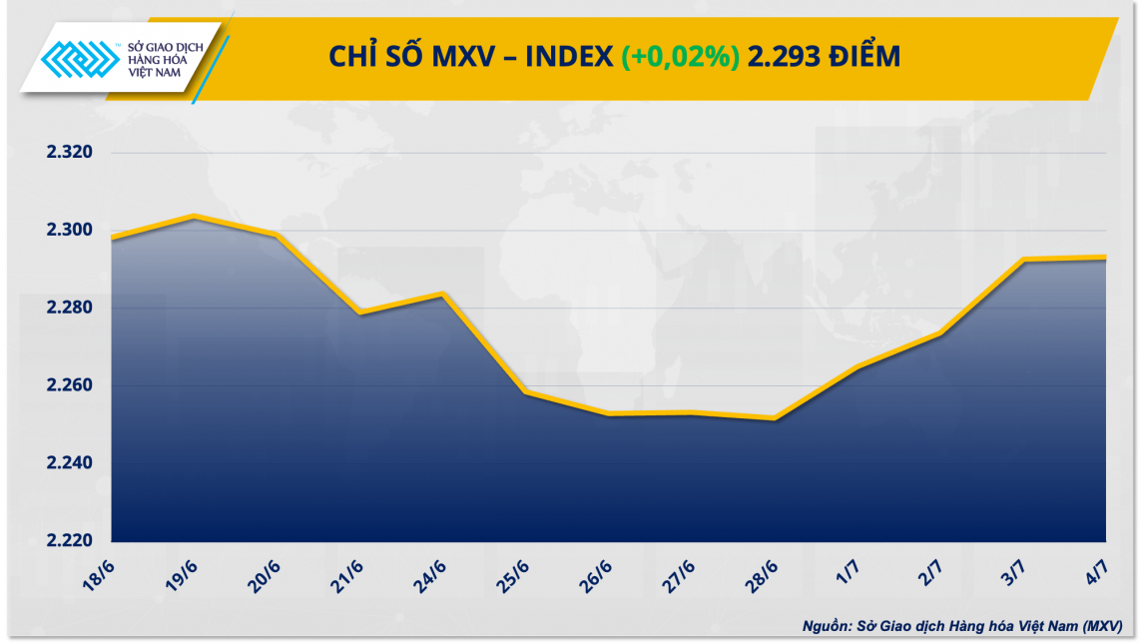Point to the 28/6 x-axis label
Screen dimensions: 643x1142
(x=765, y=574)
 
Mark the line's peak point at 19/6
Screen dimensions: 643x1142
(x=194, y=216)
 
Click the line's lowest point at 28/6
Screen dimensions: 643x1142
(x=775, y=418)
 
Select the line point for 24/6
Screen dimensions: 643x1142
(x=442, y=294)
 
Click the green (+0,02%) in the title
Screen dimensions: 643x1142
(x=680, y=58)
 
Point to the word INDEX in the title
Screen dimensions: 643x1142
(x=569, y=58)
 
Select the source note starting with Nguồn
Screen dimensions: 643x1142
(x=968, y=626)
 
